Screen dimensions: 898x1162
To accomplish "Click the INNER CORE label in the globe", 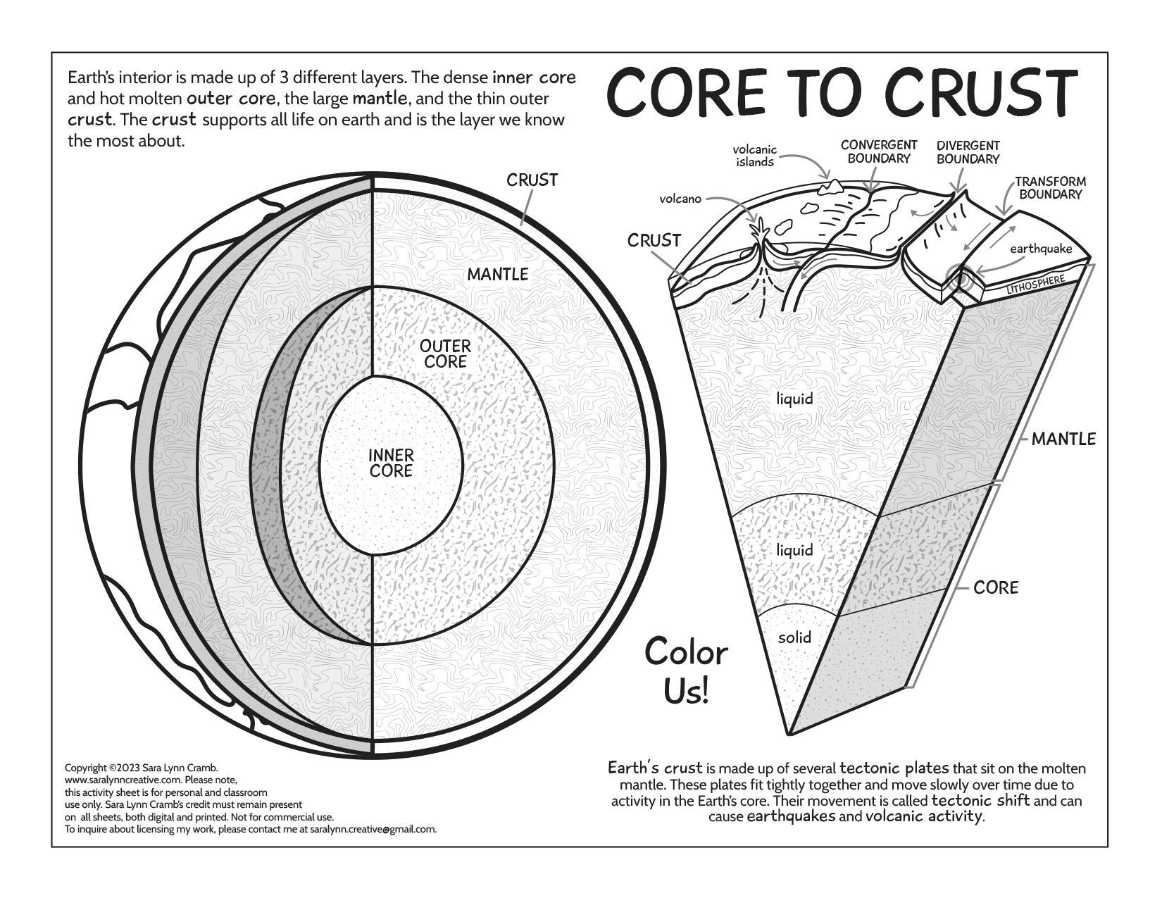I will (x=391, y=463).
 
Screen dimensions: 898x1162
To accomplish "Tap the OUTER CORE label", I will (x=445, y=354).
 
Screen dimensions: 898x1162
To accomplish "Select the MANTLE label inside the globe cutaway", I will (x=498, y=274).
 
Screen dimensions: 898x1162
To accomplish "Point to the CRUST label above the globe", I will (x=532, y=180).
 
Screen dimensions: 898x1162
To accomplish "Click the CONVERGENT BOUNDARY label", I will (x=879, y=151).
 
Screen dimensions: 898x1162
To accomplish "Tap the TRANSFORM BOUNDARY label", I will (x=1050, y=187).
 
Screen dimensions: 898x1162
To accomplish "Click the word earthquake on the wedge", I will (x=1040, y=249).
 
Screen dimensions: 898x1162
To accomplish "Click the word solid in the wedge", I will (x=794, y=637).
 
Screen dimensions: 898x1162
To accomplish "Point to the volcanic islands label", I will (x=755, y=156).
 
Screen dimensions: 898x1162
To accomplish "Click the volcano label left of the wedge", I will (x=680, y=199).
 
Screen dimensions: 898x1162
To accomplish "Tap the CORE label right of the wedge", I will (x=996, y=587).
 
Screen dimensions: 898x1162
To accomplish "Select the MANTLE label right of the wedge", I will (x=1063, y=439).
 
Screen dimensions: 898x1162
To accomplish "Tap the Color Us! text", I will (x=686, y=671).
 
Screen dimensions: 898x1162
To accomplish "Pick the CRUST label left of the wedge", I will (x=654, y=241).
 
